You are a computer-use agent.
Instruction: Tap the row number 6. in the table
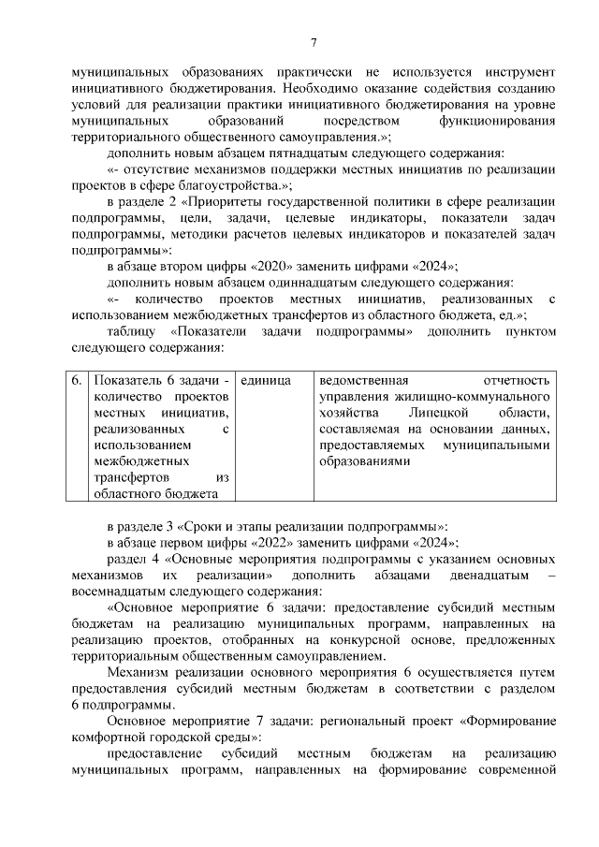coord(75,382)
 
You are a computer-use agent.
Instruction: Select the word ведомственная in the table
coord(365,382)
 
